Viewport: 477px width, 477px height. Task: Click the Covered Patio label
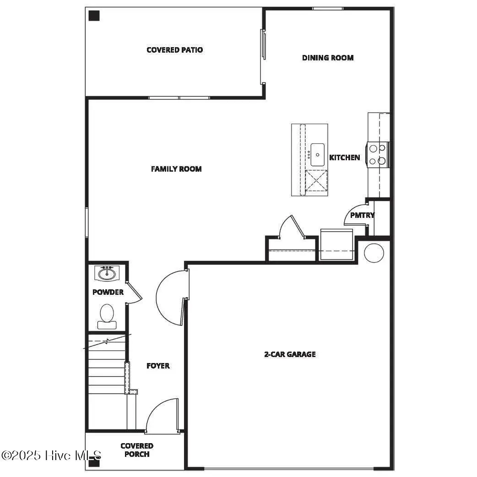174,50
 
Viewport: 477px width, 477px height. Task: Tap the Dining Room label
328,58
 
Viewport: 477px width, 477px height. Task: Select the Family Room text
176,169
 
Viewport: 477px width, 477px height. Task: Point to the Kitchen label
345,157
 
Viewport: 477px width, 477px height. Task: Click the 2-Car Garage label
290,354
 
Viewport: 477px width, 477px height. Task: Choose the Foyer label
158,366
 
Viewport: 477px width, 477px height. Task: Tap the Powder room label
108,292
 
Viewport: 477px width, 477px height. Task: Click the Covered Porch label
137,450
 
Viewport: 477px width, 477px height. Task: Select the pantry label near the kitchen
362,215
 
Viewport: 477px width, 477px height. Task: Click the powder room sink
108,274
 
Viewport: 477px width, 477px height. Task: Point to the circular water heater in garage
374,253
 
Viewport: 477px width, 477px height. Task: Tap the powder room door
134,293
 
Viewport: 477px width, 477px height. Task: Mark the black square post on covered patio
94,16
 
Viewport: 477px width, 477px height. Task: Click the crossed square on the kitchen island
316,180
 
